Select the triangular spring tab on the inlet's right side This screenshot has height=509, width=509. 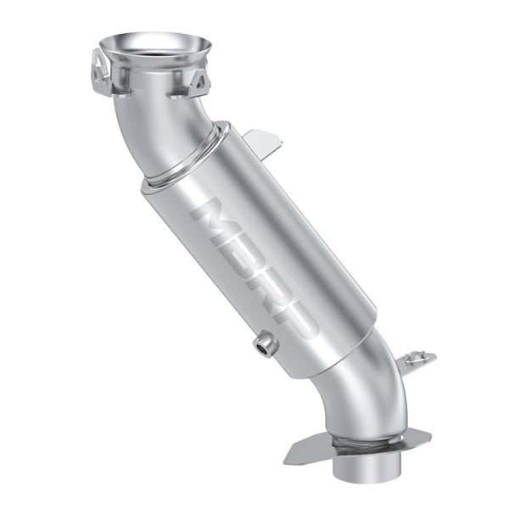(x=201, y=82)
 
